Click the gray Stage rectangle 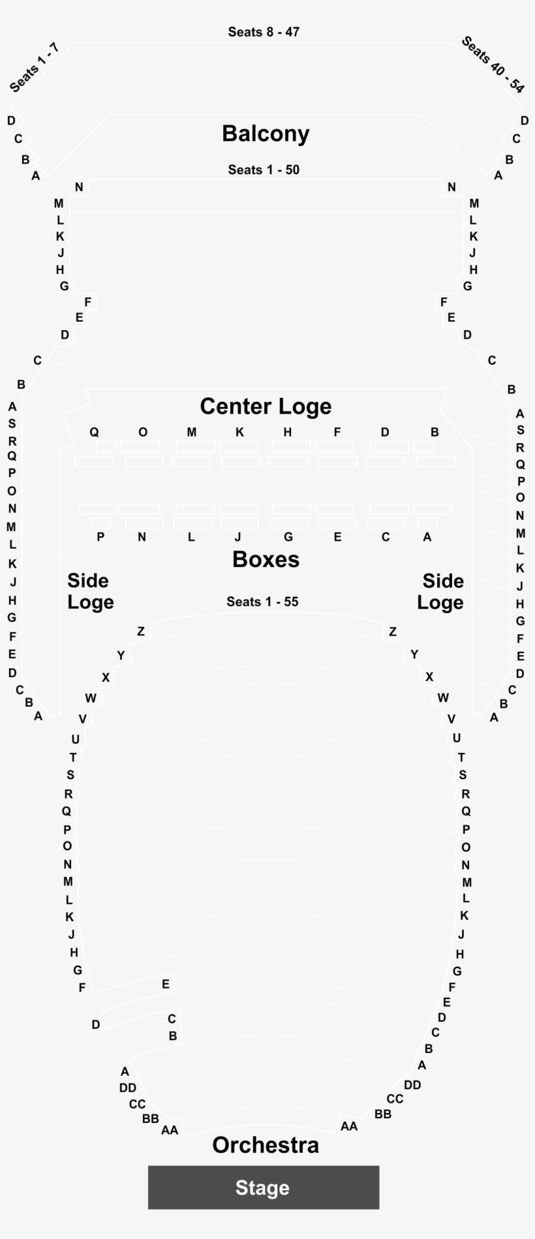click(x=263, y=1187)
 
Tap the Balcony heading click(x=266, y=134)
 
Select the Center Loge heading click(x=266, y=406)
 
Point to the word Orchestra click(x=266, y=1145)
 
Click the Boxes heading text click(x=266, y=560)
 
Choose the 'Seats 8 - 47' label click(x=264, y=32)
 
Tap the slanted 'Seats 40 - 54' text click(x=493, y=65)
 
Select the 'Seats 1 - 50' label click(x=264, y=170)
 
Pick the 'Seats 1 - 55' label click(x=262, y=602)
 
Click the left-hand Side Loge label click(x=90, y=591)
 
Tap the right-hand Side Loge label click(x=440, y=591)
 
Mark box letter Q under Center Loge click(x=94, y=432)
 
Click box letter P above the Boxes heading click(x=100, y=537)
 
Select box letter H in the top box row click(x=288, y=432)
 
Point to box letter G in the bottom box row click(x=288, y=537)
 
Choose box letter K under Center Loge click(x=239, y=432)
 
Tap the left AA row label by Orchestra click(x=170, y=1130)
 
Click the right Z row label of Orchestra click(x=392, y=632)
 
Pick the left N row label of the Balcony click(x=79, y=187)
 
